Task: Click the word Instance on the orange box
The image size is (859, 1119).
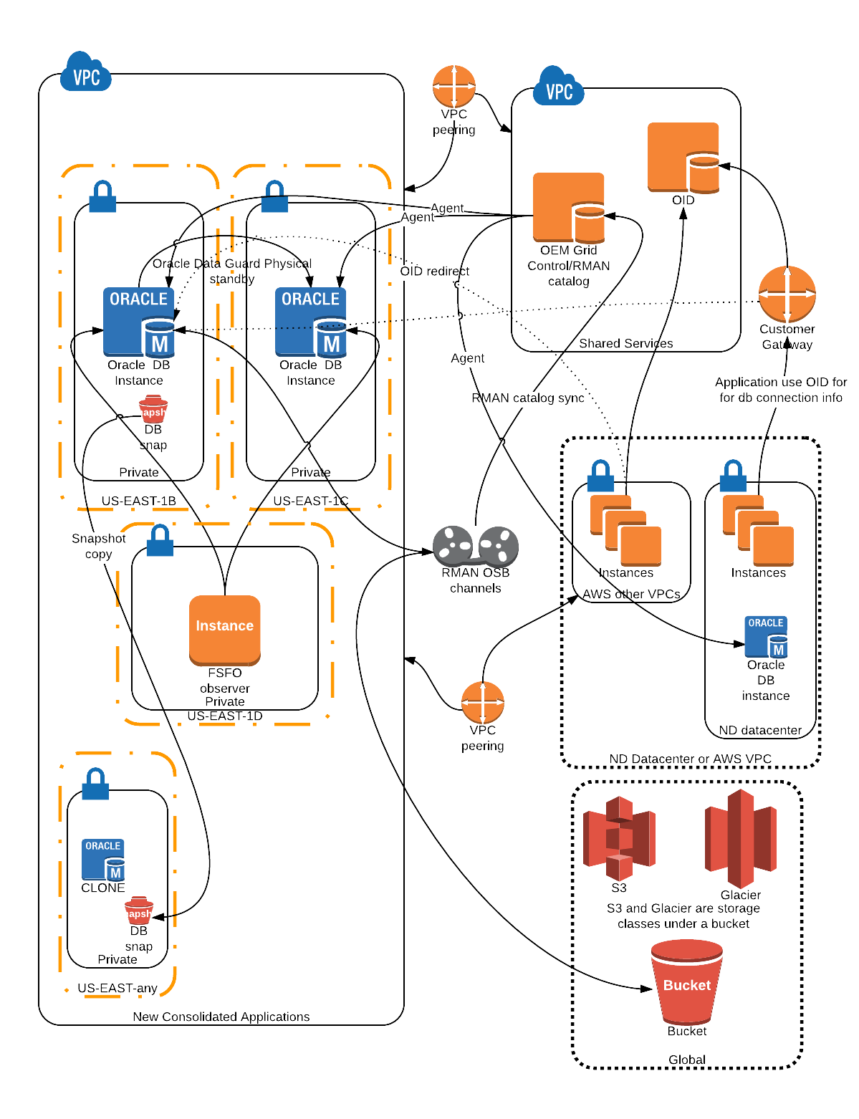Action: click(224, 625)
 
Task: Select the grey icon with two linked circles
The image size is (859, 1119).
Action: click(475, 547)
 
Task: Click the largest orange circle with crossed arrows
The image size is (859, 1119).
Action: click(787, 294)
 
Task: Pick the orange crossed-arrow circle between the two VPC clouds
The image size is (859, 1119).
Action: click(454, 87)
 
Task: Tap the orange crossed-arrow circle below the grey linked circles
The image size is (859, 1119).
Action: click(482, 702)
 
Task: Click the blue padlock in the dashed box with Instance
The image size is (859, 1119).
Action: click(160, 541)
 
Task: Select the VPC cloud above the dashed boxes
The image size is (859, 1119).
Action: click(85, 72)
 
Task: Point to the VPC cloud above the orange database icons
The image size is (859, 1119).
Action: click(558, 87)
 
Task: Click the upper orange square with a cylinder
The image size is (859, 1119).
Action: click(683, 158)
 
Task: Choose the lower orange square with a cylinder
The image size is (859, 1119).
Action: click(568, 208)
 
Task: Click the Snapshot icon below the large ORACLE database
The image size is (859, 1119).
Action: click(153, 410)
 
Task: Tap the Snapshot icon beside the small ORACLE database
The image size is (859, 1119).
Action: click(138, 911)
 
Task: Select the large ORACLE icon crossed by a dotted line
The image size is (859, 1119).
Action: click(310, 322)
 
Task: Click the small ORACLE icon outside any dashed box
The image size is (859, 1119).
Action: click(765, 637)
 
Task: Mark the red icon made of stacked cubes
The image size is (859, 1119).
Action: click(619, 838)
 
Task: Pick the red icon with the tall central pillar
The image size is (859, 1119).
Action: click(741, 838)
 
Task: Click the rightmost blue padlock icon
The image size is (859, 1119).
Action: click(733, 476)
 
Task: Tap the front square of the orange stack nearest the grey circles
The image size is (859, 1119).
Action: click(640, 546)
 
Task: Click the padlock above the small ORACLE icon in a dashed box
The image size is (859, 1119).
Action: click(95, 784)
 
